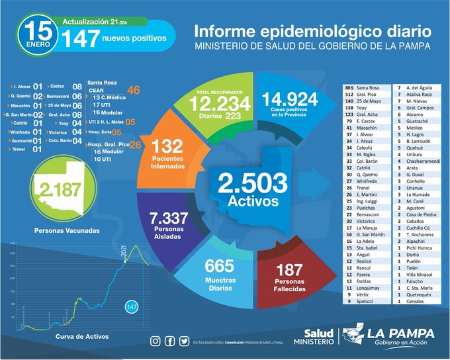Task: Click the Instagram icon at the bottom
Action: click(156, 341)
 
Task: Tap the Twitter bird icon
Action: click(183, 341)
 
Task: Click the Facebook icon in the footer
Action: click(169, 341)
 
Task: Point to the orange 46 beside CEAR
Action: click(134, 90)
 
